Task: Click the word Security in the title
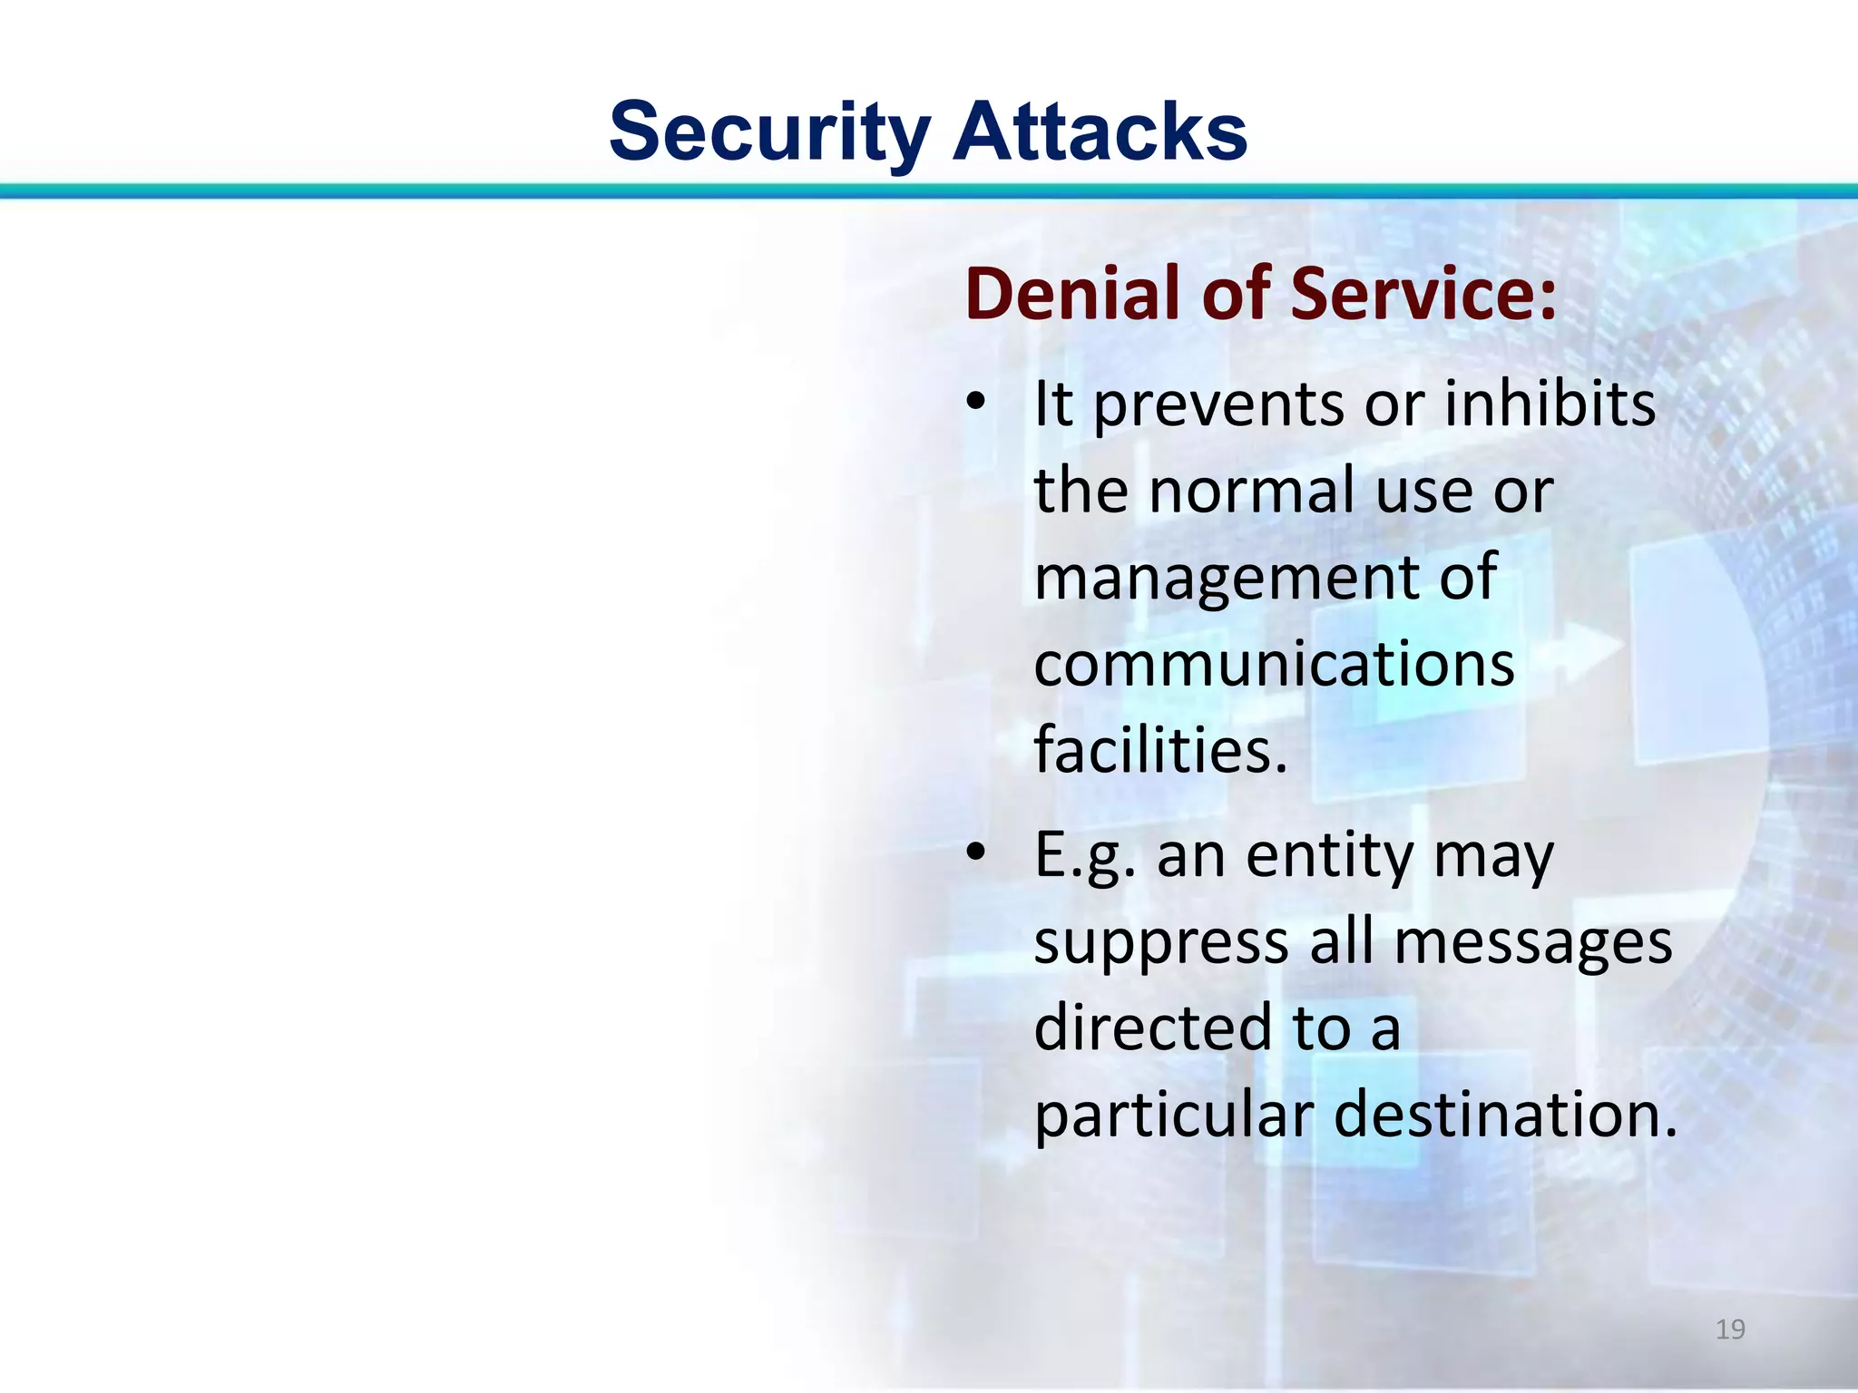(769, 132)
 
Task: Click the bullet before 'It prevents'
(975, 403)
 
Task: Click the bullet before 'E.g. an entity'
(975, 853)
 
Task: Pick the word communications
(1274, 664)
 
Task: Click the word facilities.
(1160, 751)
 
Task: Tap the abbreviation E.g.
(1085, 857)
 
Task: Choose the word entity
(1329, 857)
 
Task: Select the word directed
(1153, 1028)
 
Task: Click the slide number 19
(1730, 1330)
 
